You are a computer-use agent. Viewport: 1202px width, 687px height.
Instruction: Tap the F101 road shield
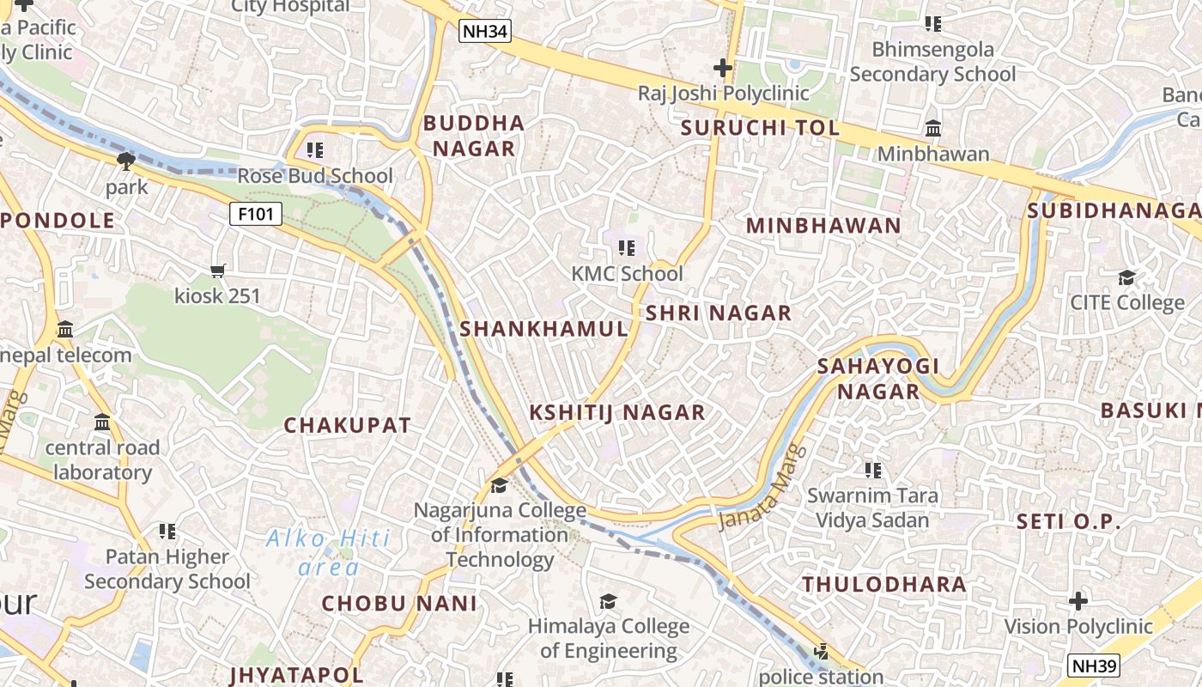pos(256,214)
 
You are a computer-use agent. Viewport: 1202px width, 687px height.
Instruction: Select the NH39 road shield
pos(1094,665)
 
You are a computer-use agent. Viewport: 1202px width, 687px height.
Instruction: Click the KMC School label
pos(628,274)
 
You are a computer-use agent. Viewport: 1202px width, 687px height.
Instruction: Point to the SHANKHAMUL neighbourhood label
pos(544,329)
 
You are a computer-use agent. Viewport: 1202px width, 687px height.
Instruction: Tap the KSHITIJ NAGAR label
pos(617,412)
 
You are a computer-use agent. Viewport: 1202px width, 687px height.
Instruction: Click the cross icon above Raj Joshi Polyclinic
pos(723,67)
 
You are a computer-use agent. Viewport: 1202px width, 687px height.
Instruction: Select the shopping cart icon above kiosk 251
pos(218,271)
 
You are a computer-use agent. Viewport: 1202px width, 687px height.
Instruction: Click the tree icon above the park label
pos(126,161)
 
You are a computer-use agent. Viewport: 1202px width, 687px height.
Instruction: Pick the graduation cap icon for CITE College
pos(1126,277)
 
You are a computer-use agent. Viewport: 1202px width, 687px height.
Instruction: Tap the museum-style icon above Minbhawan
pos(933,129)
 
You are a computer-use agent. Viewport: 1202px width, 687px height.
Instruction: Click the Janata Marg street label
pos(762,487)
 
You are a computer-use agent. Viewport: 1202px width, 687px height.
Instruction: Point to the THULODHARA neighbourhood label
pos(884,585)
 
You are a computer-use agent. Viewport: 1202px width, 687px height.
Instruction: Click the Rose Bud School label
pos(315,176)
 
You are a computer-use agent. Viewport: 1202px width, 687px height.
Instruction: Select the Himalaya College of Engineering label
pos(609,639)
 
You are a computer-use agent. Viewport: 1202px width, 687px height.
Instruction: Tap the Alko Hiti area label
pos(328,552)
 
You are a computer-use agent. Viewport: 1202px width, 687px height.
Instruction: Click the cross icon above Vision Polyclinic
pos(1078,600)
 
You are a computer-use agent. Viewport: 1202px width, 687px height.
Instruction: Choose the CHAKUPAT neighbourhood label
pos(348,425)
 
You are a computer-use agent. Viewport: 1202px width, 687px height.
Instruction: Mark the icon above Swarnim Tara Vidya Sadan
pos(873,470)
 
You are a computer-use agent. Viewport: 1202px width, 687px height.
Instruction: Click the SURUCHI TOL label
pos(760,128)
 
